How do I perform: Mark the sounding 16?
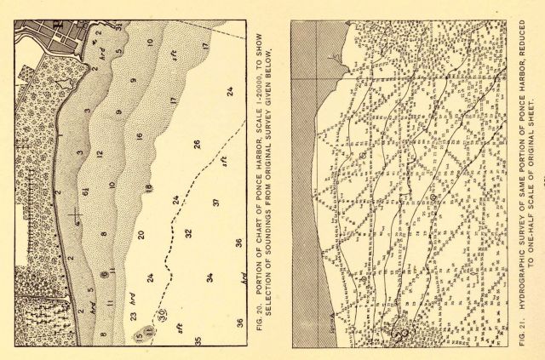[139, 138]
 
